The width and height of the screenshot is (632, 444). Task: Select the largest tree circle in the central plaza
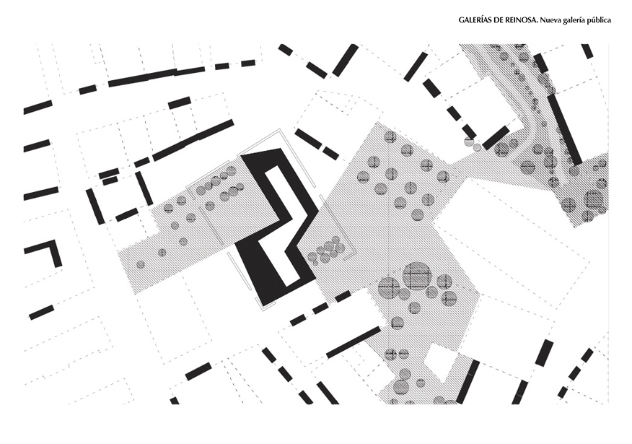(x=417, y=276)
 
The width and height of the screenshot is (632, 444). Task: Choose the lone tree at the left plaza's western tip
(x=141, y=264)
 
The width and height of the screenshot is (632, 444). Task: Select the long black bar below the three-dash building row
(x=353, y=341)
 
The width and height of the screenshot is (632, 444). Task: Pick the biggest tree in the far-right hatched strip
(x=594, y=199)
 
